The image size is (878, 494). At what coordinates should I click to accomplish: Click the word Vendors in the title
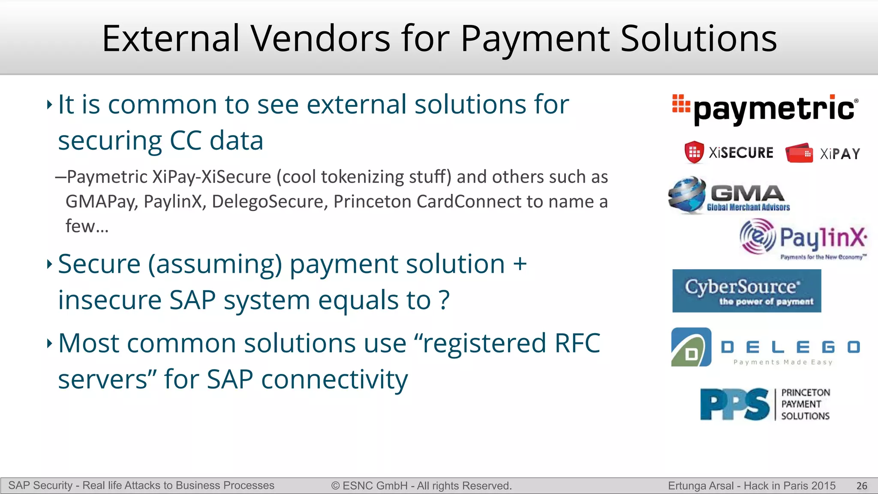[321, 39]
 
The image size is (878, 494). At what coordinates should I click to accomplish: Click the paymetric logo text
[774, 110]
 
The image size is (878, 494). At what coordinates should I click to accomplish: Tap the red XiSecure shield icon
[694, 152]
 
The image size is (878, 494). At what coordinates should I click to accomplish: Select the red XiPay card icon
[799, 153]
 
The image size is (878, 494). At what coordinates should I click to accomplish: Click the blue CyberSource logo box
[746, 291]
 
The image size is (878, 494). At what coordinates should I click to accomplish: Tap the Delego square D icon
[691, 347]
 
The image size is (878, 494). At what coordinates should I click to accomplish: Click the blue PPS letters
[735, 404]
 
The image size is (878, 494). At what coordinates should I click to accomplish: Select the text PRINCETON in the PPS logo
[806, 393]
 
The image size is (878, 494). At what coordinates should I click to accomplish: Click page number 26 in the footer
[862, 486]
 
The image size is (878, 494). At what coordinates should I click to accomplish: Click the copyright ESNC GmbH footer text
[421, 486]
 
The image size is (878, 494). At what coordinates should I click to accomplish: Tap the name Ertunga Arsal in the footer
[701, 486]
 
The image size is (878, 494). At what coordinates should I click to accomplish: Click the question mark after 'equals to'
[445, 300]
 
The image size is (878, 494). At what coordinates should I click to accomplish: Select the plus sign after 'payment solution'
[520, 264]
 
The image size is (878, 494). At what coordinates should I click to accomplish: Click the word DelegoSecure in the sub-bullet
[270, 202]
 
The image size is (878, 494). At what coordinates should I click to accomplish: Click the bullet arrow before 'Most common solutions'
[49, 343]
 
